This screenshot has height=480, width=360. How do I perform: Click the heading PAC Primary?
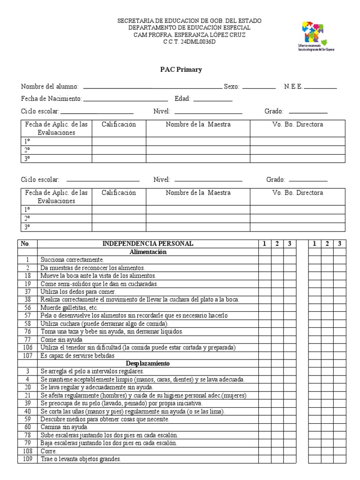(181, 69)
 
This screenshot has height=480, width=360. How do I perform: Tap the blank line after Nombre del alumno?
(152, 87)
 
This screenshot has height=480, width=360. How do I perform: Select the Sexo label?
(232, 87)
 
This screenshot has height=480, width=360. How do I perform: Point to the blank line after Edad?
(213, 99)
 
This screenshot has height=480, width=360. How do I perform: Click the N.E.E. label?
(293, 87)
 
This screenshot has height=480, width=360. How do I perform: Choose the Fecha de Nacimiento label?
(52, 99)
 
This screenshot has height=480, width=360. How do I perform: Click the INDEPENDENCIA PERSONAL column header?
(148, 244)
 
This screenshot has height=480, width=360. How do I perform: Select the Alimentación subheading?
(148, 252)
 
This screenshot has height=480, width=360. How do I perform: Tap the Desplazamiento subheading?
(148, 363)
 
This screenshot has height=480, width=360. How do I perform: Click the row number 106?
(28, 347)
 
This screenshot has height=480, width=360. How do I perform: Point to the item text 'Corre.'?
(49, 451)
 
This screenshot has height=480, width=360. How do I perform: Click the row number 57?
(28, 315)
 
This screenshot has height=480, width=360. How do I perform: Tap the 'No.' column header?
(26, 244)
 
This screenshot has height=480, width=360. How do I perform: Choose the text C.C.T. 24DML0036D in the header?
(189, 41)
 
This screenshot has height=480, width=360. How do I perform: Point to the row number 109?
(28, 459)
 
